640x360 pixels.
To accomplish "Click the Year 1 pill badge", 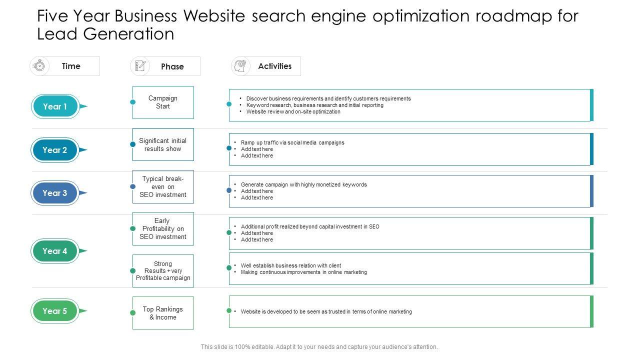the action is coord(55,106).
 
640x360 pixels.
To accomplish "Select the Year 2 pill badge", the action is coord(55,150).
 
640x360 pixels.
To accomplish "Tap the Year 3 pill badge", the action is coord(55,193).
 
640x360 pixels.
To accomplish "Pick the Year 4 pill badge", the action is coord(55,251).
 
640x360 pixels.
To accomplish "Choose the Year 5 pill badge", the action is coord(55,311).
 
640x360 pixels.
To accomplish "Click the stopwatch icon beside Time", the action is coord(39,66).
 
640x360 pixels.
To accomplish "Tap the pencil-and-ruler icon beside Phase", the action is coord(140,66).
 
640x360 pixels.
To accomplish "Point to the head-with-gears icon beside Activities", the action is coord(241,66).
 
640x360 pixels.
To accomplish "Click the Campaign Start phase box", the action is coord(163,102).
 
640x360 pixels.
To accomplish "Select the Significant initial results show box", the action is coord(163,145).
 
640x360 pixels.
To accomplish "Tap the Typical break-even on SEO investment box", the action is coord(163,187).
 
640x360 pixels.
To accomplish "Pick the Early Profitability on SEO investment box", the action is coord(163,229).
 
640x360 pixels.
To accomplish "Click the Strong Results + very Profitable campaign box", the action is coord(163,271).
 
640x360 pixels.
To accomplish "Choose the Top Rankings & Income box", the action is coord(163,313).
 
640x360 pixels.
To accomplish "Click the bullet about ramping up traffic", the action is coord(292,142).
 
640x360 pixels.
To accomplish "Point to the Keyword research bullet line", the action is coord(314,105).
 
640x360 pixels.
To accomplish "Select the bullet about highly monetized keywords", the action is coord(303,184).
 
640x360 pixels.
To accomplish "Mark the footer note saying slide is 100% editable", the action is coord(319,347).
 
